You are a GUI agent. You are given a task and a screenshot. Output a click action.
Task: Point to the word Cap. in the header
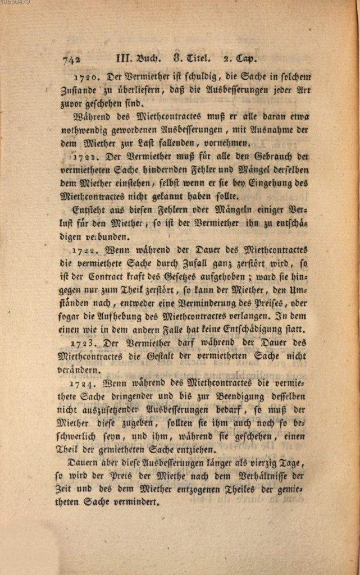click(245, 57)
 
